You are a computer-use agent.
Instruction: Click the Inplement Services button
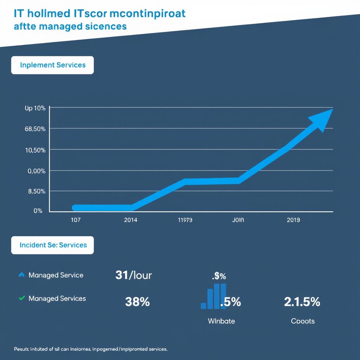pyautogui.click(x=52, y=65)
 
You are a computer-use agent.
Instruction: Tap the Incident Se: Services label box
pyautogui.click(x=52, y=245)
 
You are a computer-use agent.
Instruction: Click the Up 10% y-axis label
pyautogui.click(x=35, y=108)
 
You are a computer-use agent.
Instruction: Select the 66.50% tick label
pyautogui.click(x=35, y=129)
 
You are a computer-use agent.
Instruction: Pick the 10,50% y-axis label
pyautogui.click(x=35, y=150)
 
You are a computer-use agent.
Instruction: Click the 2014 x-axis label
pyautogui.click(x=131, y=220)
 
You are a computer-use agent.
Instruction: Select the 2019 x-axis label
pyautogui.click(x=293, y=220)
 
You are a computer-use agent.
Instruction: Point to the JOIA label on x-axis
pyautogui.click(x=238, y=220)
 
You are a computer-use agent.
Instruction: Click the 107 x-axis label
pyautogui.click(x=76, y=220)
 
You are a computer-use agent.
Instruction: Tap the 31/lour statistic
pyautogui.click(x=133, y=275)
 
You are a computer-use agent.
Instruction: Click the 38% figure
pyautogui.click(x=137, y=302)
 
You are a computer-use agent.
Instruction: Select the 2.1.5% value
pyautogui.click(x=302, y=302)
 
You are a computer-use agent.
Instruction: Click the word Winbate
pyautogui.click(x=221, y=321)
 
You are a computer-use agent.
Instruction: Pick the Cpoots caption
pyautogui.click(x=303, y=321)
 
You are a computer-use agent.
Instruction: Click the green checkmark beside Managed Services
pyautogui.click(x=21, y=298)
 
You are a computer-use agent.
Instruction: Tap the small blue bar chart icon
pyautogui.click(x=213, y=297)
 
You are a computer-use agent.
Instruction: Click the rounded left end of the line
pyautogui.click(x=75, y=208)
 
